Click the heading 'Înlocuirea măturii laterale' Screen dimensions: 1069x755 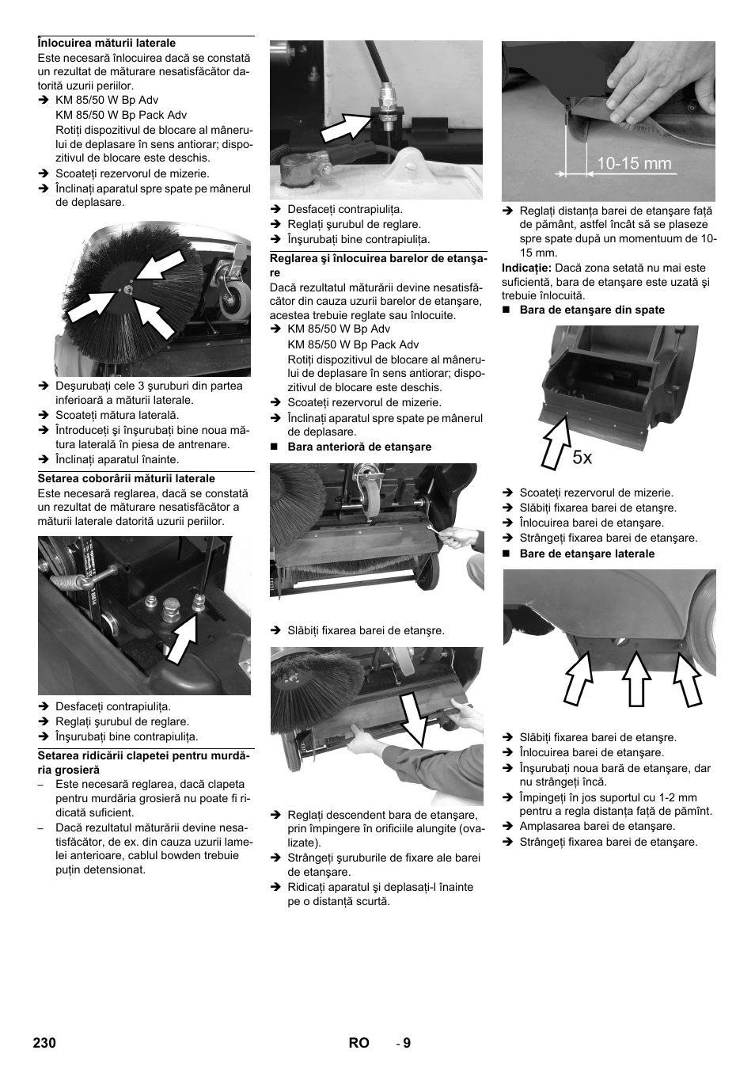pos(107,43)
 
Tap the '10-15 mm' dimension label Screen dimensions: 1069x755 pos(633,164)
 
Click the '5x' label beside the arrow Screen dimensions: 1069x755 pos(582,457)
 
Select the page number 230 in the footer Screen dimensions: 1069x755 pos(45,1043)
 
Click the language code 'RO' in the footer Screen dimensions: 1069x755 pos(359,1043)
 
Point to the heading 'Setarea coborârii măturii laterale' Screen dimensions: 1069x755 pos(126,478)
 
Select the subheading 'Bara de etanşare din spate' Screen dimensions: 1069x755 pos(591,310)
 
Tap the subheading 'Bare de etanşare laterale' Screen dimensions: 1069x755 pos(586,554)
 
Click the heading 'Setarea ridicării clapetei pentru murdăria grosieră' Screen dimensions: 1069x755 pos(145,762)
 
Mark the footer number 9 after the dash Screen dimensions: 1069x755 pos(407,1043)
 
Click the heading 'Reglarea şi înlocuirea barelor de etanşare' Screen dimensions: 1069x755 pos(377,264)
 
